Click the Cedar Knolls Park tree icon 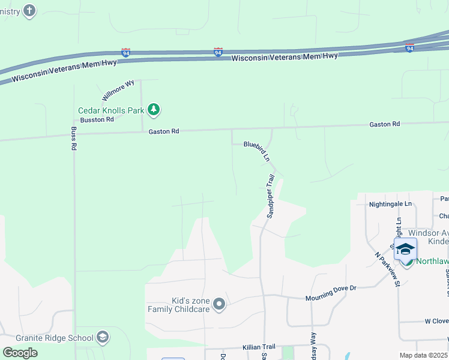(x=155, y=109)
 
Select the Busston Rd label (x=97, y=120)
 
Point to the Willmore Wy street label (x=118, y=91)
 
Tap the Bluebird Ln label (x=257, y=151)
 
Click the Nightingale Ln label (x=390, y=204)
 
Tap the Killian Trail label (x=259, y=347)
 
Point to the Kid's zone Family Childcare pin (x=219, y=304)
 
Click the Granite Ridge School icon (x=103, y=337)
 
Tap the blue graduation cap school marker (x=405, y=248)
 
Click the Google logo (x=20, y=352)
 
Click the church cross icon (x=29, y=10)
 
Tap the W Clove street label (x=436, y=322)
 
